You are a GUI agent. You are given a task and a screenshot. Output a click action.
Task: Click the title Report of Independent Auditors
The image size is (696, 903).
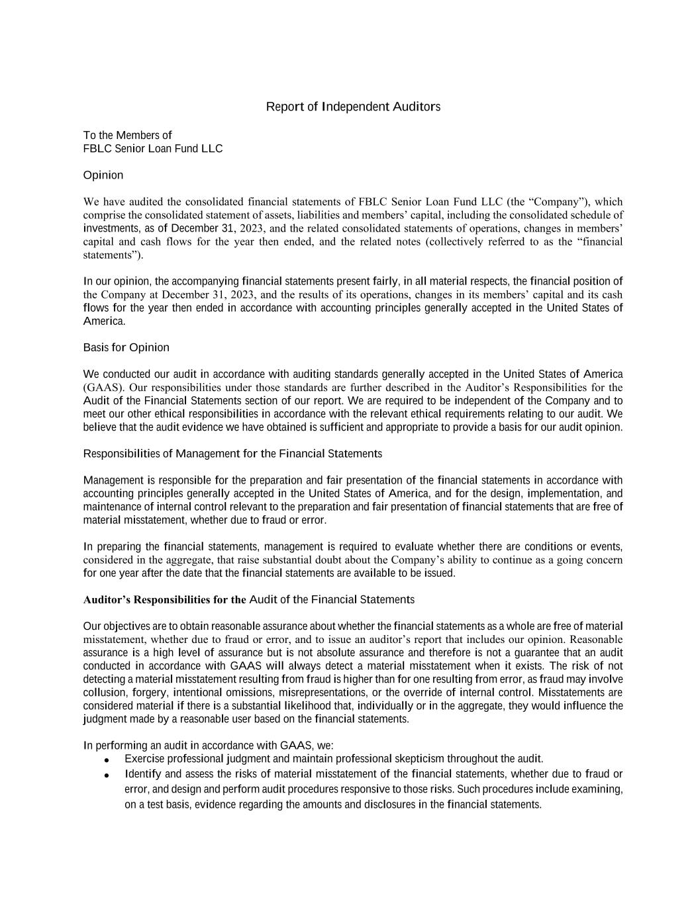tap(353, 107)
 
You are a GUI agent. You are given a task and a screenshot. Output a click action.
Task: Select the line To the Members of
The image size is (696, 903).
tap(128, 135)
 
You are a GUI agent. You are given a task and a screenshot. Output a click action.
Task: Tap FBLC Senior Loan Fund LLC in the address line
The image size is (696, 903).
tap(153, 148)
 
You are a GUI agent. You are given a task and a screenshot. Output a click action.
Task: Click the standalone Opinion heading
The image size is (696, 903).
tap(103, 175)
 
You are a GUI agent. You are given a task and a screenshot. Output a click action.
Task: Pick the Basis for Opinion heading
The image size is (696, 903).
tap(126, 347)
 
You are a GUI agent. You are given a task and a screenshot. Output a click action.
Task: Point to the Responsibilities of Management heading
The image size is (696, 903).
tap(232, 453)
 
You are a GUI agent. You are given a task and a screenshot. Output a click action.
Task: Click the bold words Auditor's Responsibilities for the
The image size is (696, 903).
tap(164, 600)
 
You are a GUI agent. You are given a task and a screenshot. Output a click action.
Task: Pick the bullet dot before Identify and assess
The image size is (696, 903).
tap(107, 775)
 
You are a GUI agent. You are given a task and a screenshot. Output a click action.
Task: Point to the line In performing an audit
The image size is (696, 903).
tap(209, 746)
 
